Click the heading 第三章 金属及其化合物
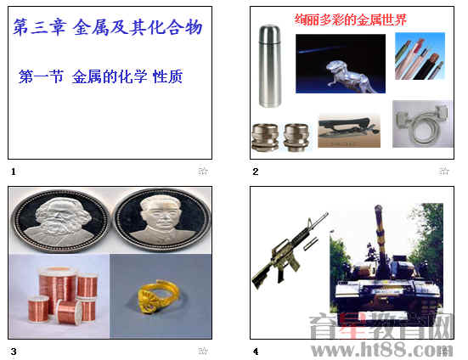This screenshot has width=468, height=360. click(x=108, y=27)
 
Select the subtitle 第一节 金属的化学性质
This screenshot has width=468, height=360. click(x=100, y=76)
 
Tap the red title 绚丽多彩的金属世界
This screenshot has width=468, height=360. click(x=351, y=20)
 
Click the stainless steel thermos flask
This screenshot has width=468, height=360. click(x=270, y=66)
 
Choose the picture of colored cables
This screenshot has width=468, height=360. click(x=420, y=56)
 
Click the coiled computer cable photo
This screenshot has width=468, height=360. click(x=422, y=124)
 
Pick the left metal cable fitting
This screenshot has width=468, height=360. click(x=265, y=138)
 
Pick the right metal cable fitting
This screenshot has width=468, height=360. click(x=296, y=138)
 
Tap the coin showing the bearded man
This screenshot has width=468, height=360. click(x=60, y=221)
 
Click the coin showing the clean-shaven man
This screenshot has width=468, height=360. click(x=162, y=221)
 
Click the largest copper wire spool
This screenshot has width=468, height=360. click(x=58, y=287)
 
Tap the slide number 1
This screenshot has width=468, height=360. click(x=13, y=172)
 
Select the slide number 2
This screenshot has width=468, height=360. click(x=255, y=172)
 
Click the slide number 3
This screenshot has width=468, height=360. click(x=14, y=352)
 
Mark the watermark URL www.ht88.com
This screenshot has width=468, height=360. click(x=381, y=350)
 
